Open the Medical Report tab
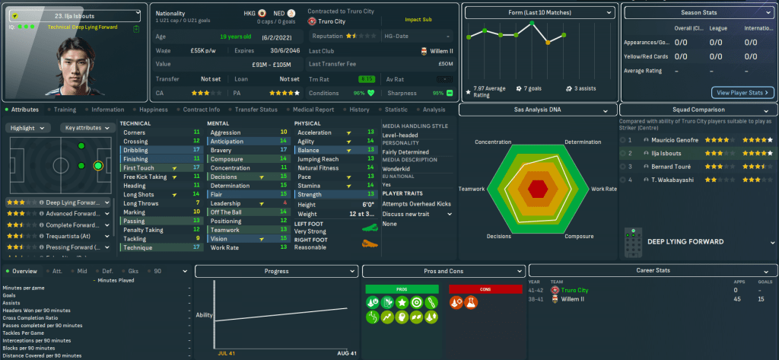313,110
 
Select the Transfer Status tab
257,110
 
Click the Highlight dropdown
28,128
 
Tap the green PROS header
402,289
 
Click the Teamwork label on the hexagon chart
475,188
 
